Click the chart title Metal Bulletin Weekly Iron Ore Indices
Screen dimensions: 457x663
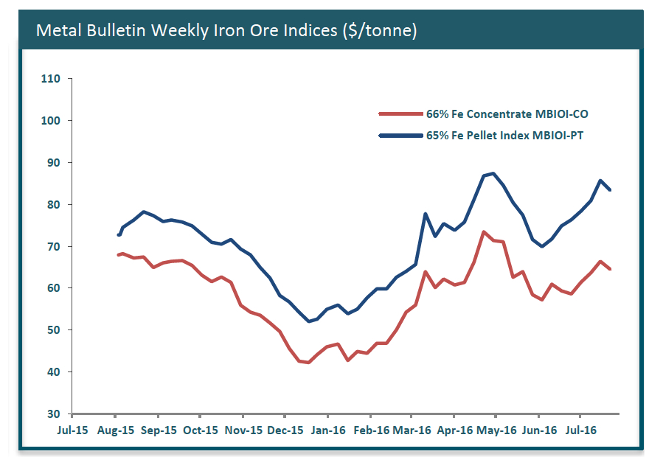coord(227,30)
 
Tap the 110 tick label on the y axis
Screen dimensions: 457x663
coord(53,79)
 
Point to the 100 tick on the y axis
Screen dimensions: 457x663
coord(53,121)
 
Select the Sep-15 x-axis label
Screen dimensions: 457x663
coord(158,430)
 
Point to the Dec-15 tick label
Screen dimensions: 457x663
coord(285,430)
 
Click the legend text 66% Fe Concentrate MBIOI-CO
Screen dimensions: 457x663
coord(507,114)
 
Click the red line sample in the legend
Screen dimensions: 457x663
coord(399,114)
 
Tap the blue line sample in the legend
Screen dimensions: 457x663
coord(399,136)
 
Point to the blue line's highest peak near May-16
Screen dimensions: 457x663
coord(493,173)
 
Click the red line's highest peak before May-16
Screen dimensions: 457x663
coord(483,232)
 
